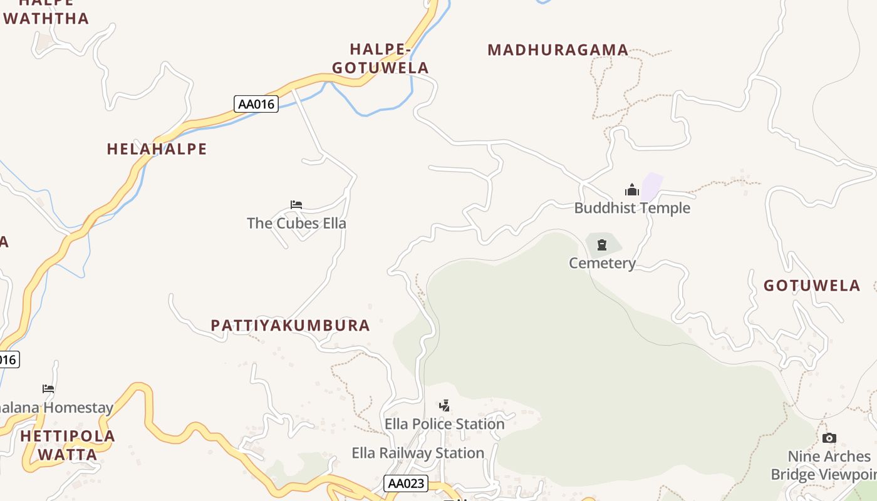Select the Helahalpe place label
157,149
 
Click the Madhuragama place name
558,50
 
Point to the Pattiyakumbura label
290,326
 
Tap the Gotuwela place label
811,286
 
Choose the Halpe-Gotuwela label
380,58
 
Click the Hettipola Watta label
68,445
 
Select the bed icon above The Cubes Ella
296,205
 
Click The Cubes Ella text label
296,223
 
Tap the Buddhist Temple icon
631,190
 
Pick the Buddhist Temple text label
632,208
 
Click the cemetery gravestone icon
602,244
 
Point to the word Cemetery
602,263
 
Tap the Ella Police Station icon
444,406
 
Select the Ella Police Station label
444,424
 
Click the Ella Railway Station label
418,453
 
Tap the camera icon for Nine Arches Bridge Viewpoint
829,438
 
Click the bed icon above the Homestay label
48,389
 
